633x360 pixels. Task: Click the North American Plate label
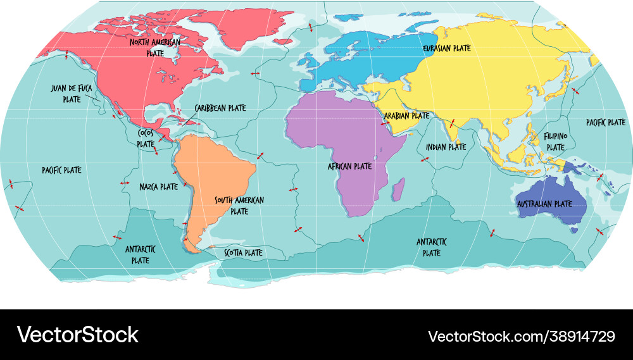(155, 47)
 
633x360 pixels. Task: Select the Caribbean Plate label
(220, 108)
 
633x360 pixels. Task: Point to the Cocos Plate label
(146, 139)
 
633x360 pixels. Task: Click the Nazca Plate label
(158, 187)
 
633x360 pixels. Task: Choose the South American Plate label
(239, 206)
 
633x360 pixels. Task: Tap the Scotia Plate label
(244, 252)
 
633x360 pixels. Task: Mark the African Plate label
(349, 166)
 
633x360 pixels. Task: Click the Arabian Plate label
(406, 116)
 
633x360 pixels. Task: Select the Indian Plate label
(446, 147)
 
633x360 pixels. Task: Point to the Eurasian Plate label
(447, 47)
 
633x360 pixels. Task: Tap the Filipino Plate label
(555, 141)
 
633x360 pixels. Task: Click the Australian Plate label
(544, 204)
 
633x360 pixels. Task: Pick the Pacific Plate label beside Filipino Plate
(605, 122)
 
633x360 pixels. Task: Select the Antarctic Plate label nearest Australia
(432, 247)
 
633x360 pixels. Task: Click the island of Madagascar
(398, 189)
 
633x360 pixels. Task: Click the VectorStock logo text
(77, 335)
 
